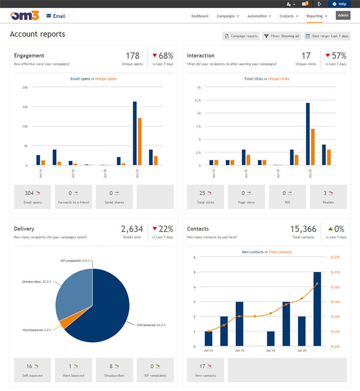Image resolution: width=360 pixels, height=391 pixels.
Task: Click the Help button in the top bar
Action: (339, 4)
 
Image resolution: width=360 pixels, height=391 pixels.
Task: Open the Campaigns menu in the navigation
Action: (228, 16)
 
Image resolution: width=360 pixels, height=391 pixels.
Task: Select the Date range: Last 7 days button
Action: (327, 36)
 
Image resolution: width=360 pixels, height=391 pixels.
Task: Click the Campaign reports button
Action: (241, 36)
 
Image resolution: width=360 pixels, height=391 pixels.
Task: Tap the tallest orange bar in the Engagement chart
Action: (139, 142)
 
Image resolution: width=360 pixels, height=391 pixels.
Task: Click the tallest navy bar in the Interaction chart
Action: (308, 134)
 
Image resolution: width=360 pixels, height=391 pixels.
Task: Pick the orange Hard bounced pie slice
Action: (61, 323)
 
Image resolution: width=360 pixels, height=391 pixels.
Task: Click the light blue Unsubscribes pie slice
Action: (73, 294)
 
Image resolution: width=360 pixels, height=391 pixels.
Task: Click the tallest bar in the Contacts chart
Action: (317, 309)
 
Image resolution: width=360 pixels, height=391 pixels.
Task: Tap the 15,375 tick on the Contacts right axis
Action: (335, 257)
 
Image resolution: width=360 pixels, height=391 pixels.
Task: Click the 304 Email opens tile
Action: (33, 196)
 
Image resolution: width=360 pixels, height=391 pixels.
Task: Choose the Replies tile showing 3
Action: (328, 196)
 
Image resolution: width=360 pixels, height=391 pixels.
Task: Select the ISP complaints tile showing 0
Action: (155, 370)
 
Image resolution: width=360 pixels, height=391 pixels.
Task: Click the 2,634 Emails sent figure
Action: (132, 229)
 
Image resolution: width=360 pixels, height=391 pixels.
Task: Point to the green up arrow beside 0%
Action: (330, 229)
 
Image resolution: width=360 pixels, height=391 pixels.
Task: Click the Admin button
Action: (343, 16)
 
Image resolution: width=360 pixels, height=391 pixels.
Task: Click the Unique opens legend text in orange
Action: (106, 79)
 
